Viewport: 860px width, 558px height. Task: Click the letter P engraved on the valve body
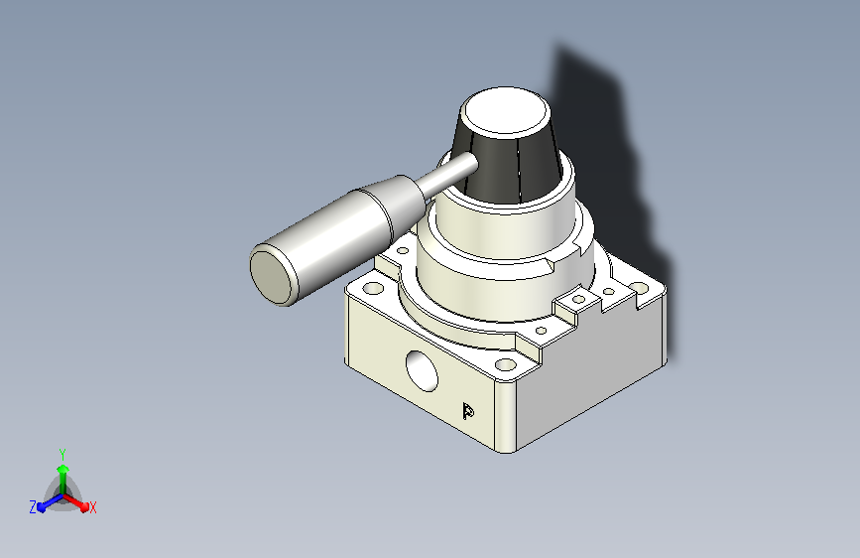click(468, 411)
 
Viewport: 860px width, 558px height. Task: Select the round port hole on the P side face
click(422, 371)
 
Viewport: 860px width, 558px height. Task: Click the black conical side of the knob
click(510, 165)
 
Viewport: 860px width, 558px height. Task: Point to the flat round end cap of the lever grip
click(272, 277)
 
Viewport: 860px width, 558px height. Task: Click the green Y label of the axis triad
click(62, 454)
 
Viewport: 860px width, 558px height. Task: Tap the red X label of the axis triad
click(92, 508)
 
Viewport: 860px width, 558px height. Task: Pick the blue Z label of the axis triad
click(33, 507)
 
